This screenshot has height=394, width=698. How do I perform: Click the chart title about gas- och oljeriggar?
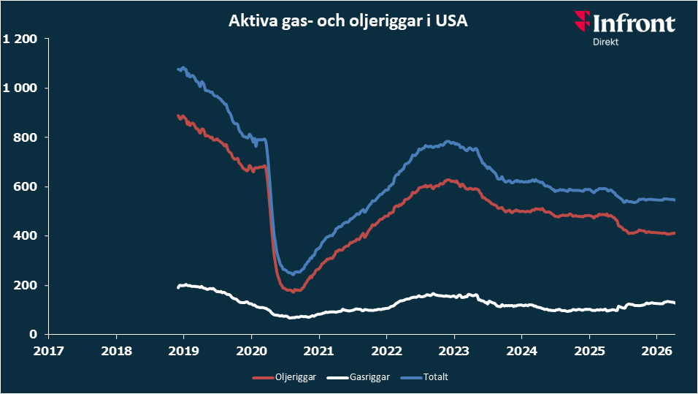click(348, 22)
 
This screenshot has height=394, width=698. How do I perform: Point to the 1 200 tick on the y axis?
click(20, 39)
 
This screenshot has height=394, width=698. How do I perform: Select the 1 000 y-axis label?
click(20, 88)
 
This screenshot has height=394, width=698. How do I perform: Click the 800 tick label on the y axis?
click(26, 137)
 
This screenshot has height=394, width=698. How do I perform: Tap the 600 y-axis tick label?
click(26, 186)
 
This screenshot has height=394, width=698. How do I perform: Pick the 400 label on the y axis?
click(26, 235)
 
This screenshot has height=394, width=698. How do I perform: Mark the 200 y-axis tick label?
click(26, 285)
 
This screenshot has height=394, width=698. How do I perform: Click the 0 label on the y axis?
click(33, 334)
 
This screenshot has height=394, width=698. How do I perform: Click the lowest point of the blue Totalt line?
click(293, 274)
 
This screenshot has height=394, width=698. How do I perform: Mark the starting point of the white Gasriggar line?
click(178, 287)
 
